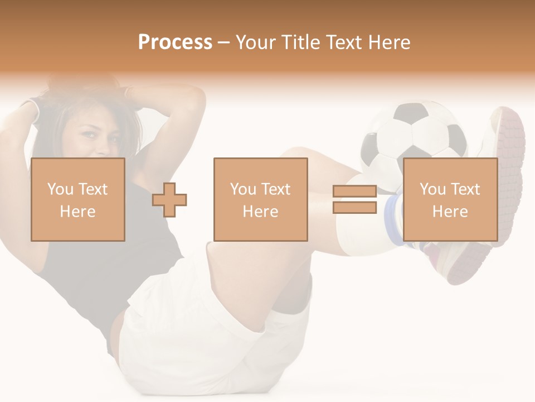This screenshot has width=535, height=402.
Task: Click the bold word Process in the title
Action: (175, 42)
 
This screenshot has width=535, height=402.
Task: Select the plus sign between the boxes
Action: (169, 200)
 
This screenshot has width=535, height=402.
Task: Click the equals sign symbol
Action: (354, 200)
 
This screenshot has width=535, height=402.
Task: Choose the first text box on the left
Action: (78, 200)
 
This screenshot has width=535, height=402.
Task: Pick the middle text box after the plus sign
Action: (260, 200)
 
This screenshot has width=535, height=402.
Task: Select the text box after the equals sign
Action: (450, 200)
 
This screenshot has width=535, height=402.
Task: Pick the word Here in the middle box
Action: (260, 212)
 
